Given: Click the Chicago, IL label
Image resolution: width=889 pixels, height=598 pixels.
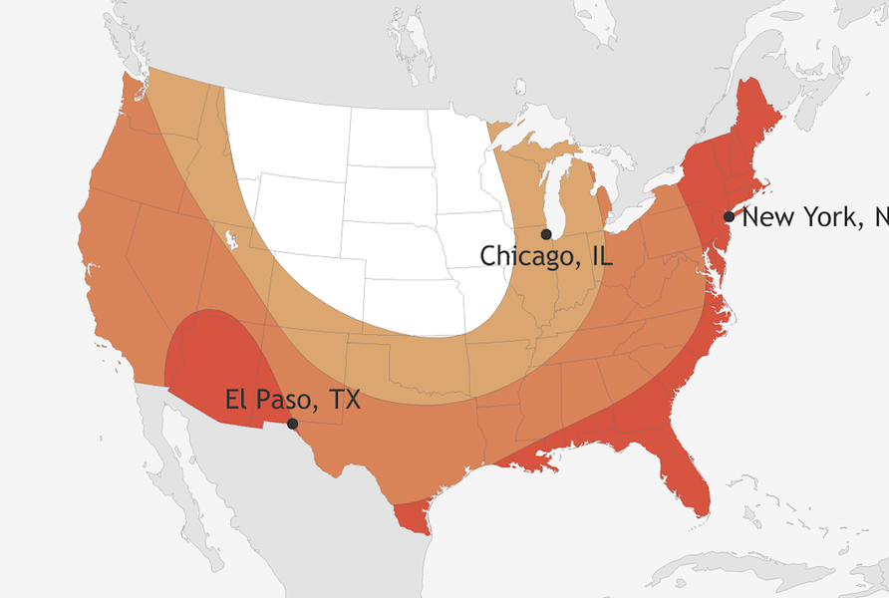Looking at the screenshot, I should click(x=546, y=256).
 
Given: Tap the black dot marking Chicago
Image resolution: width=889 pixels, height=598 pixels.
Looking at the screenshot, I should click(x=546, y=233).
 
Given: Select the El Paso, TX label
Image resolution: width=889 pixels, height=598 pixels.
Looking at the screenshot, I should click(x=292, y=401).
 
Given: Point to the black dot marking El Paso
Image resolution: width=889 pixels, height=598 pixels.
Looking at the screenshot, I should click(x=292, y=424).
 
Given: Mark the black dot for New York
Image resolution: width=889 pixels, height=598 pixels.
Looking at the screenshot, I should click(x=730, y=216).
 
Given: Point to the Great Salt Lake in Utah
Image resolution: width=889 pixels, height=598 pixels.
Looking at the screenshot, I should click(x=231, y=240).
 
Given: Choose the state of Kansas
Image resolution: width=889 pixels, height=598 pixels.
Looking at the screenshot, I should click(x=409, y=300).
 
